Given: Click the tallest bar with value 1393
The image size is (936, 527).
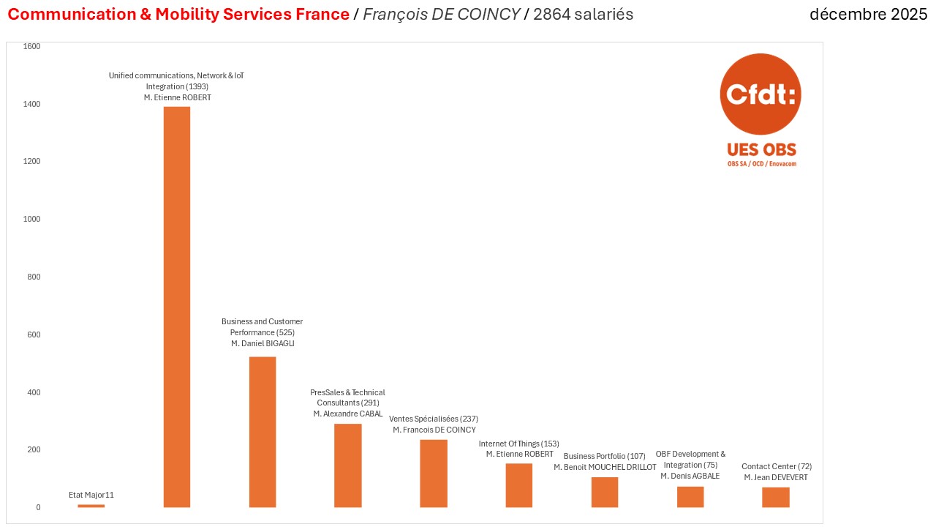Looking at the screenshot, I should coord(176,307).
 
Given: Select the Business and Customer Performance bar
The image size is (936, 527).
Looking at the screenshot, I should coord(263,432).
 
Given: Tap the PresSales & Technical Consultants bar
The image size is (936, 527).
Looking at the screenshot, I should coord(348,466).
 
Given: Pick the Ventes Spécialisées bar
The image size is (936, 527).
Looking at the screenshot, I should coord(434,474).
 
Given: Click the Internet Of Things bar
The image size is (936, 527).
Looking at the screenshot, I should coord(519,485).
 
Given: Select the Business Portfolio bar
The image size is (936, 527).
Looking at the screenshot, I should coord(605,492).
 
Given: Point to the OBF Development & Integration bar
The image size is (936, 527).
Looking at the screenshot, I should coord(690,497).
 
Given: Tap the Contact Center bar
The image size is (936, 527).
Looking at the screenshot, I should coord(776,498).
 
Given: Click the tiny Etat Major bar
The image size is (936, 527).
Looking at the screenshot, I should coord(91,506).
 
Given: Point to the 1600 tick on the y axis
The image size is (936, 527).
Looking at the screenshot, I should coord(33,46).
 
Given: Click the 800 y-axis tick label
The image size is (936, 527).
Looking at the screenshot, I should coord(34,277).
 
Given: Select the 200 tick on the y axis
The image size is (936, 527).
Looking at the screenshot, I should coord(34,449).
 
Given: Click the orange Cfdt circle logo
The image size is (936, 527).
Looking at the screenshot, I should coord(760,94).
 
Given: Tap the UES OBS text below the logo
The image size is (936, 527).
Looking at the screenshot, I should coord(761,150).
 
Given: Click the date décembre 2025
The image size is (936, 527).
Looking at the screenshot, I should coord(868,15).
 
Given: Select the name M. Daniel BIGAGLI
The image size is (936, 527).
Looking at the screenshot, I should coord(263,343).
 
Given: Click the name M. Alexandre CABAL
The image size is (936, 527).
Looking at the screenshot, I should coord(348,414).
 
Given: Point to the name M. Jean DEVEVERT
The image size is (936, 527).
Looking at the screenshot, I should coord(777,477).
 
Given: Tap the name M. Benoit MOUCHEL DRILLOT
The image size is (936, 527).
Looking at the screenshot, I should coord(605,467).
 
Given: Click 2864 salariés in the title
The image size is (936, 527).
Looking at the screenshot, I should coord(584,15).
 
